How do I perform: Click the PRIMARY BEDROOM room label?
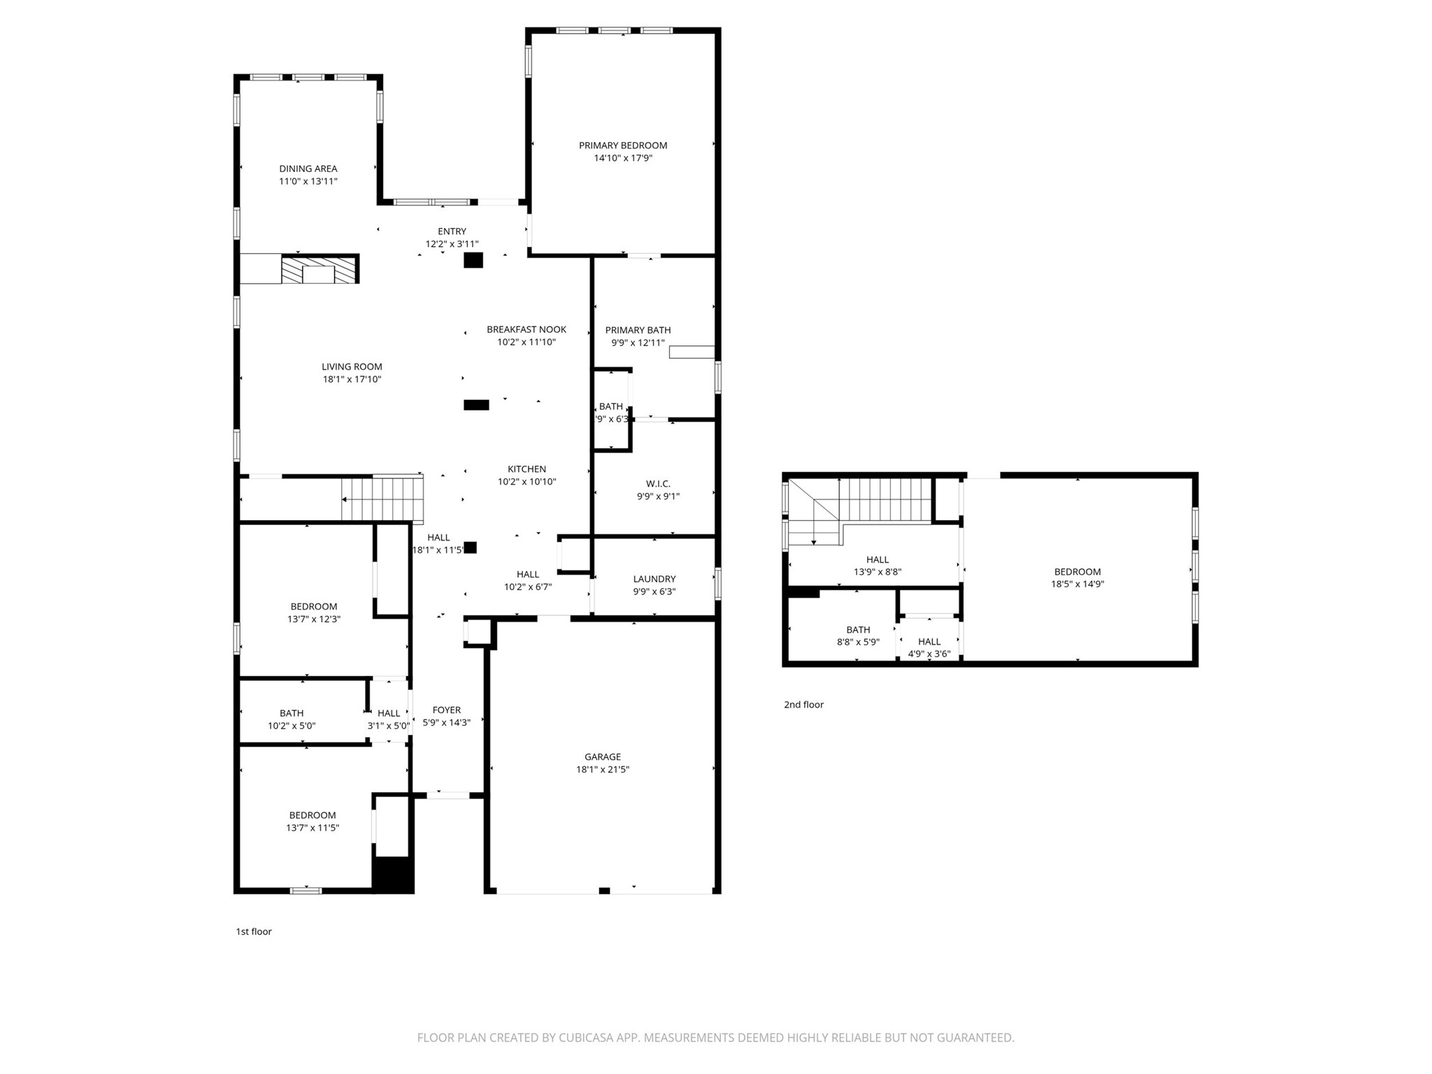click(622, 145)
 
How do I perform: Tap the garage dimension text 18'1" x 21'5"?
click(602, 769)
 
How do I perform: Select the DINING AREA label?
click(308, 169)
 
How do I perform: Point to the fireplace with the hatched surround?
click(319, 270)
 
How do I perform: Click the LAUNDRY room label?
click(654, 579)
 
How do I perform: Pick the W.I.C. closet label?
click(657, 484)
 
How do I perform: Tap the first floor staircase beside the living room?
click(382, 499)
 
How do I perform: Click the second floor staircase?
click(885, 499)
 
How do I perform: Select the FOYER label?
click(446, 710)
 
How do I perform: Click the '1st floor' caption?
click(253, 931)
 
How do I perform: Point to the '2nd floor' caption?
click(803, 705)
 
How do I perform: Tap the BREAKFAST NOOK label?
click(526, 329)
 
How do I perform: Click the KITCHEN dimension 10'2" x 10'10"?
click(527, 482)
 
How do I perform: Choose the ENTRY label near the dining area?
click(452, 231)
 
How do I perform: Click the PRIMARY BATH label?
click(638, 330)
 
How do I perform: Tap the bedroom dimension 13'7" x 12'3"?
click(313, 619)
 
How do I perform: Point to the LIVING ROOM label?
click(352, 366)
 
